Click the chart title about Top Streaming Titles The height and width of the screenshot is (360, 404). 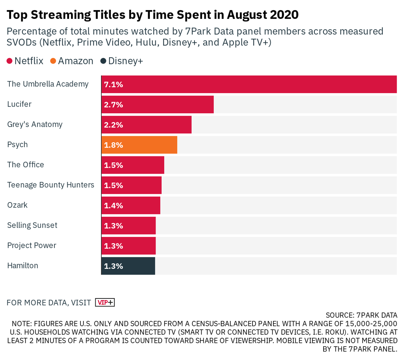[x=153, y=15]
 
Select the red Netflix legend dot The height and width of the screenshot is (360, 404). [x=10, y=61]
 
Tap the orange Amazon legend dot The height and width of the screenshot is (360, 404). [x=53, y=61]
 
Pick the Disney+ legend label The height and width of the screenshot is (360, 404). [x=125, y=61]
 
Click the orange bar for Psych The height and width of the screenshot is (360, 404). [x=148, y=145]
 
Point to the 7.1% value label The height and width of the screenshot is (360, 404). [x=113, y=84]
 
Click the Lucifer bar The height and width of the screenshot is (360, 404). [x=168, y=105]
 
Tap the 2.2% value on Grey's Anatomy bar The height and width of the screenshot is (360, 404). [x=113, y=125]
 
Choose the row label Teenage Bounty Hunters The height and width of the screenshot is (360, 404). [x=50, y=185]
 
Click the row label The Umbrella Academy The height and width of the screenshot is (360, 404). [x=48, y=84]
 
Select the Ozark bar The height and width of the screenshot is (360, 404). [x=141, y=206]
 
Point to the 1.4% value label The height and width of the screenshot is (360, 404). [x=113, y=206]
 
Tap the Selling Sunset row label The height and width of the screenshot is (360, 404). [x=32, y=225]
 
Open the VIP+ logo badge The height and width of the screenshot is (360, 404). [x=105, y=302]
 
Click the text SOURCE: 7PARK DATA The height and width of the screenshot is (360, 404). [x=361, y=315]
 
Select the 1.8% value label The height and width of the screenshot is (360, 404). [x=113, y=145]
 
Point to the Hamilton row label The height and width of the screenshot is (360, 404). [x=23, y=266]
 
